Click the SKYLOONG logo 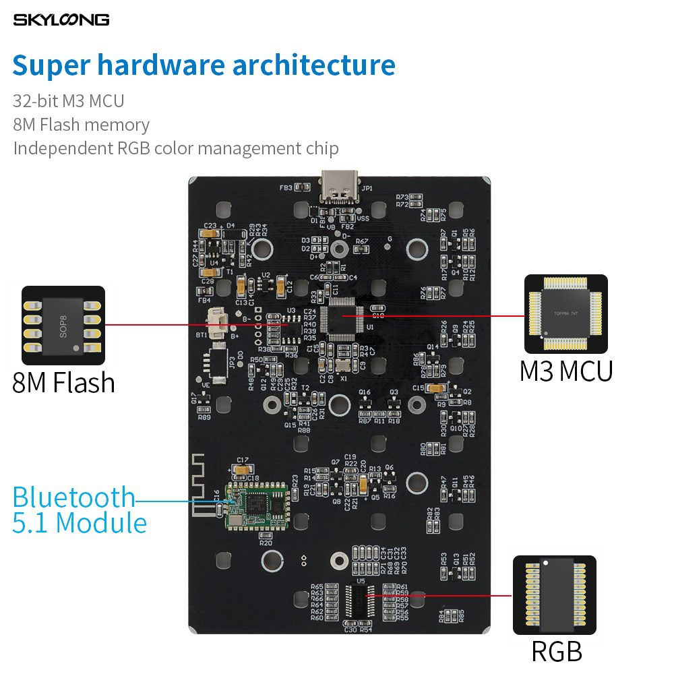coord(61,20)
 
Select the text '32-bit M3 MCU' coord(68,101)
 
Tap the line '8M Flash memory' coord(81,125)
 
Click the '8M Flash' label coord(63,382)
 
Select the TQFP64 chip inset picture coord(565,314)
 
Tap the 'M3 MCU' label coord(565,371)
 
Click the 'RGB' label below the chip coord(556,651)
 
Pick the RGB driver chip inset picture coord(555,595)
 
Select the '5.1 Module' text coord(80,523)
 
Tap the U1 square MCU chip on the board coord(342,315)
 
